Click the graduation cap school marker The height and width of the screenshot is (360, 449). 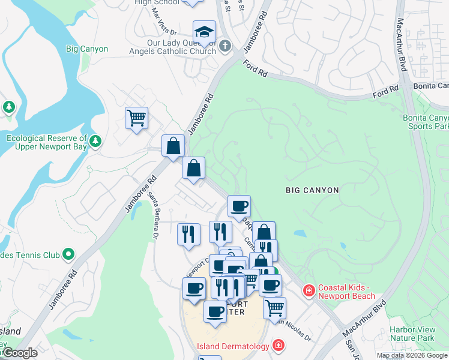tap(204, 32)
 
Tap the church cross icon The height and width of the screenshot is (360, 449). tap(225, 46)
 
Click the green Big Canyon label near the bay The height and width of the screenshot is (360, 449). tap(87, 49)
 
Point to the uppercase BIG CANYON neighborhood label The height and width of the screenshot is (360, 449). tap(312, 190)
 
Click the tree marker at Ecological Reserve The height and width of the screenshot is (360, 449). tap(95, 142)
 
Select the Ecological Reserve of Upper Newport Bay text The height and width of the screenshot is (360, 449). tap(47, 142)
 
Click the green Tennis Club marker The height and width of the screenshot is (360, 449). tap(68, 255)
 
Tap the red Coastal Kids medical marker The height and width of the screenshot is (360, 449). tap(309, 291)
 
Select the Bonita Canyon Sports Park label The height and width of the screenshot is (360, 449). tap(426, 122)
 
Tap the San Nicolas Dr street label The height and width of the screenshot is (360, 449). tap(294, 329)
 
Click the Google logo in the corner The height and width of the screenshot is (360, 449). tap(20, 353)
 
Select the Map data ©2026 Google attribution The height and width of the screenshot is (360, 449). tap(412, 355)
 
